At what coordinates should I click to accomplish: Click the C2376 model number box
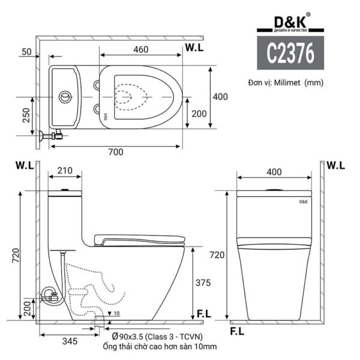tap(290, 54)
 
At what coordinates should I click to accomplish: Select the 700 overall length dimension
tap(116, 152)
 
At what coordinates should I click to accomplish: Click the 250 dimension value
tap(26, 115)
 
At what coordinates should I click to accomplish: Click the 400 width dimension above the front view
tap(274, 172)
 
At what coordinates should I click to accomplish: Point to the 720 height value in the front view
tap(217, 255)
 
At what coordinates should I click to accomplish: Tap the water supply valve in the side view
tap(49, 295)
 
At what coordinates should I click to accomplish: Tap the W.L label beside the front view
tap(335, 164)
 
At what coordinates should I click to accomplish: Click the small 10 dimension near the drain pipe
tap(115, 313)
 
